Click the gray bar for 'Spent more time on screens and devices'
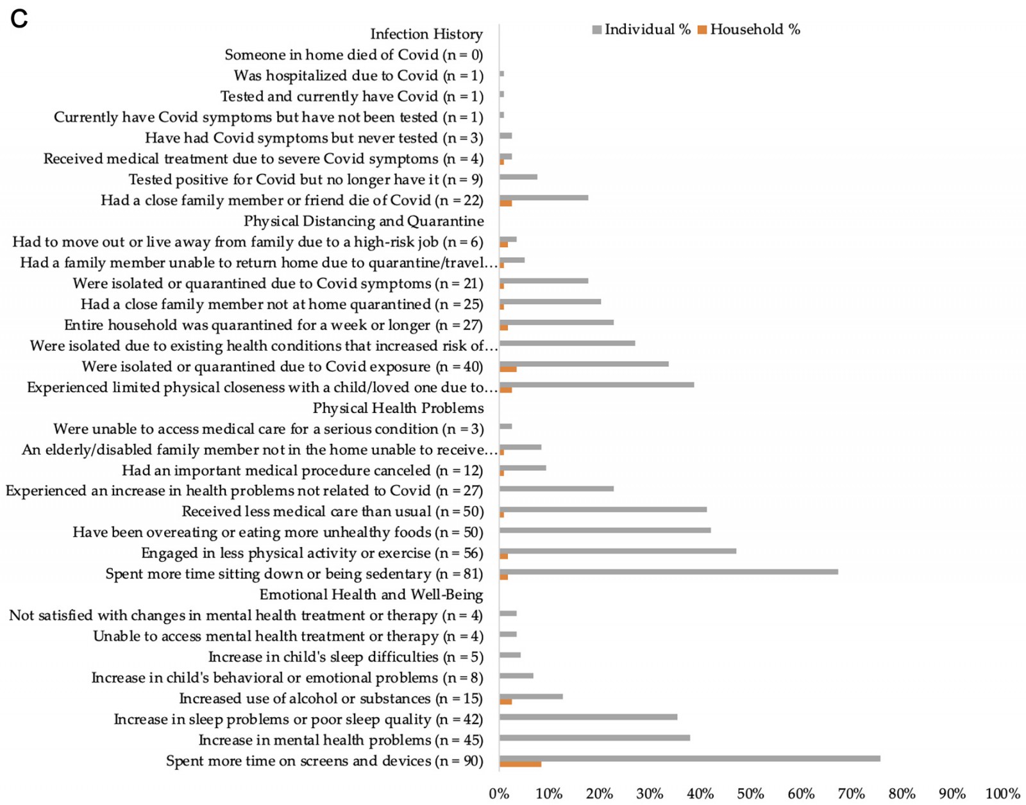[x=689, y=758]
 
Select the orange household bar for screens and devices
[x=520, y=764]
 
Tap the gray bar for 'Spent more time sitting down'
[x=668, y=572]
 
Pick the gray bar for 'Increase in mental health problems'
[x=594, y=738]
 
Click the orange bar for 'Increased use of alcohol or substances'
[x=505, y=701]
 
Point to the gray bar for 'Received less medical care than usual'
[x=603, y=509]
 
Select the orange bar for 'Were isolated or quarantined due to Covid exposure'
[x=508, y=369]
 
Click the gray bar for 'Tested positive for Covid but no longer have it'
[x=518, y=177]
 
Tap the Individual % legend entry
[x=641, y=30]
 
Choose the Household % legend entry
[x=749, y=30]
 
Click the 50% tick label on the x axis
[x=750, y=794]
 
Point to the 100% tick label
[x=1002, y=794]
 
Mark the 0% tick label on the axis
[x=499, y=794]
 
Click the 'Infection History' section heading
[x=426, y=34]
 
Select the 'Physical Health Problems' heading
[x=398, y=409]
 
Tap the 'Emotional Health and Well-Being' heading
[x=371, y=595]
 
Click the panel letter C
[x=19, y=19]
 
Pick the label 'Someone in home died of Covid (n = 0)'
[x=353, y=55]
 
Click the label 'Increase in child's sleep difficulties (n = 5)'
[x=345, y=657]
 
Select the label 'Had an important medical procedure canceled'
[x=302, y=471]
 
